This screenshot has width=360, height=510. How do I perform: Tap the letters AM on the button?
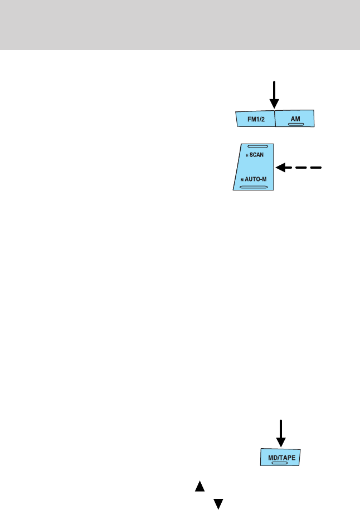point(295,118)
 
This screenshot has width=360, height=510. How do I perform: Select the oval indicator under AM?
point(295,124)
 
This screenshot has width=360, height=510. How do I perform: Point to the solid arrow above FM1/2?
point(274,95)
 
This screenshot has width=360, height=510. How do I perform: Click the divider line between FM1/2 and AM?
point(275,119)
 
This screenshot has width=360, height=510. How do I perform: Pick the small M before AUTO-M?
point(242,180)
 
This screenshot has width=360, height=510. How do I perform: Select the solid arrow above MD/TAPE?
point(281,433)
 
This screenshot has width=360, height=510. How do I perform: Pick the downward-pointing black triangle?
point(218,503)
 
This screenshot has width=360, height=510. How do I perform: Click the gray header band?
point(180,25)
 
